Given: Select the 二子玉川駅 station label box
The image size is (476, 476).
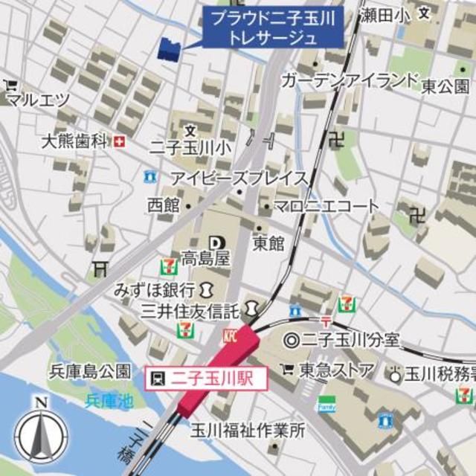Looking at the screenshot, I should coord(199,378).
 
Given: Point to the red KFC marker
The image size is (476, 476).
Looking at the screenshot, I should coord(229,337).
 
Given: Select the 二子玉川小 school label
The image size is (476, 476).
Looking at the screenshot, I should coord(190,147).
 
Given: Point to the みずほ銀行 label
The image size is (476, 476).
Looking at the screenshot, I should coord(155,289).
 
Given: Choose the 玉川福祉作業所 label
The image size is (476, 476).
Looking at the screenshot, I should coord(248,429).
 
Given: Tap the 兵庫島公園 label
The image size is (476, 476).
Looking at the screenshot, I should coord(90,370).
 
